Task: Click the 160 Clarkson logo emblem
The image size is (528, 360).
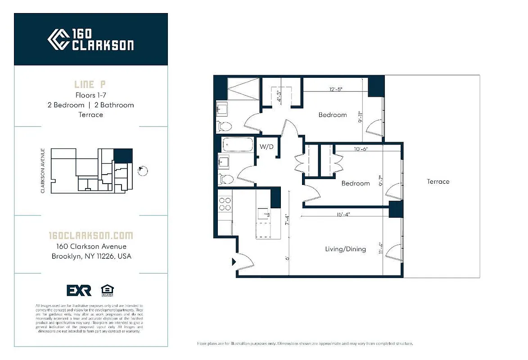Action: tap(58, 40)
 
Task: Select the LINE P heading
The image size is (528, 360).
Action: tap(90, 84)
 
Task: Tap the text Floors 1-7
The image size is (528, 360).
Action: tap(90, 95)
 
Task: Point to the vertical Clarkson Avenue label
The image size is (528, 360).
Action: tap(43, 171)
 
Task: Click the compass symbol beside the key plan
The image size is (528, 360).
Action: tap(143, 171)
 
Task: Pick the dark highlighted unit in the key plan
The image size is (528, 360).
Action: tap(123, 156)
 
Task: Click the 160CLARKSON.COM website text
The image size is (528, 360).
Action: tap(91, 235)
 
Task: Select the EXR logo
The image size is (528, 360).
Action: tap(79, 290)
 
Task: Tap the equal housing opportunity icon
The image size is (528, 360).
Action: tap(107, 290)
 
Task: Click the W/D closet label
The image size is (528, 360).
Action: tap(266, 147)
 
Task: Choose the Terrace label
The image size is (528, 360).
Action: tap(438, 181)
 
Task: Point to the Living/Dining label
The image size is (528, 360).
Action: tap(345, 249)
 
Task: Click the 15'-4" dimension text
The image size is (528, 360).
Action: tap(343, 215)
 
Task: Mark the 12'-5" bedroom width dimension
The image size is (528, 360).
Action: tap(336, 89)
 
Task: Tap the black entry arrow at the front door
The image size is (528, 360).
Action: tap(234, 261)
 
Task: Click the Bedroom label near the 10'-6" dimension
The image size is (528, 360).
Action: tap(356, 183)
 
